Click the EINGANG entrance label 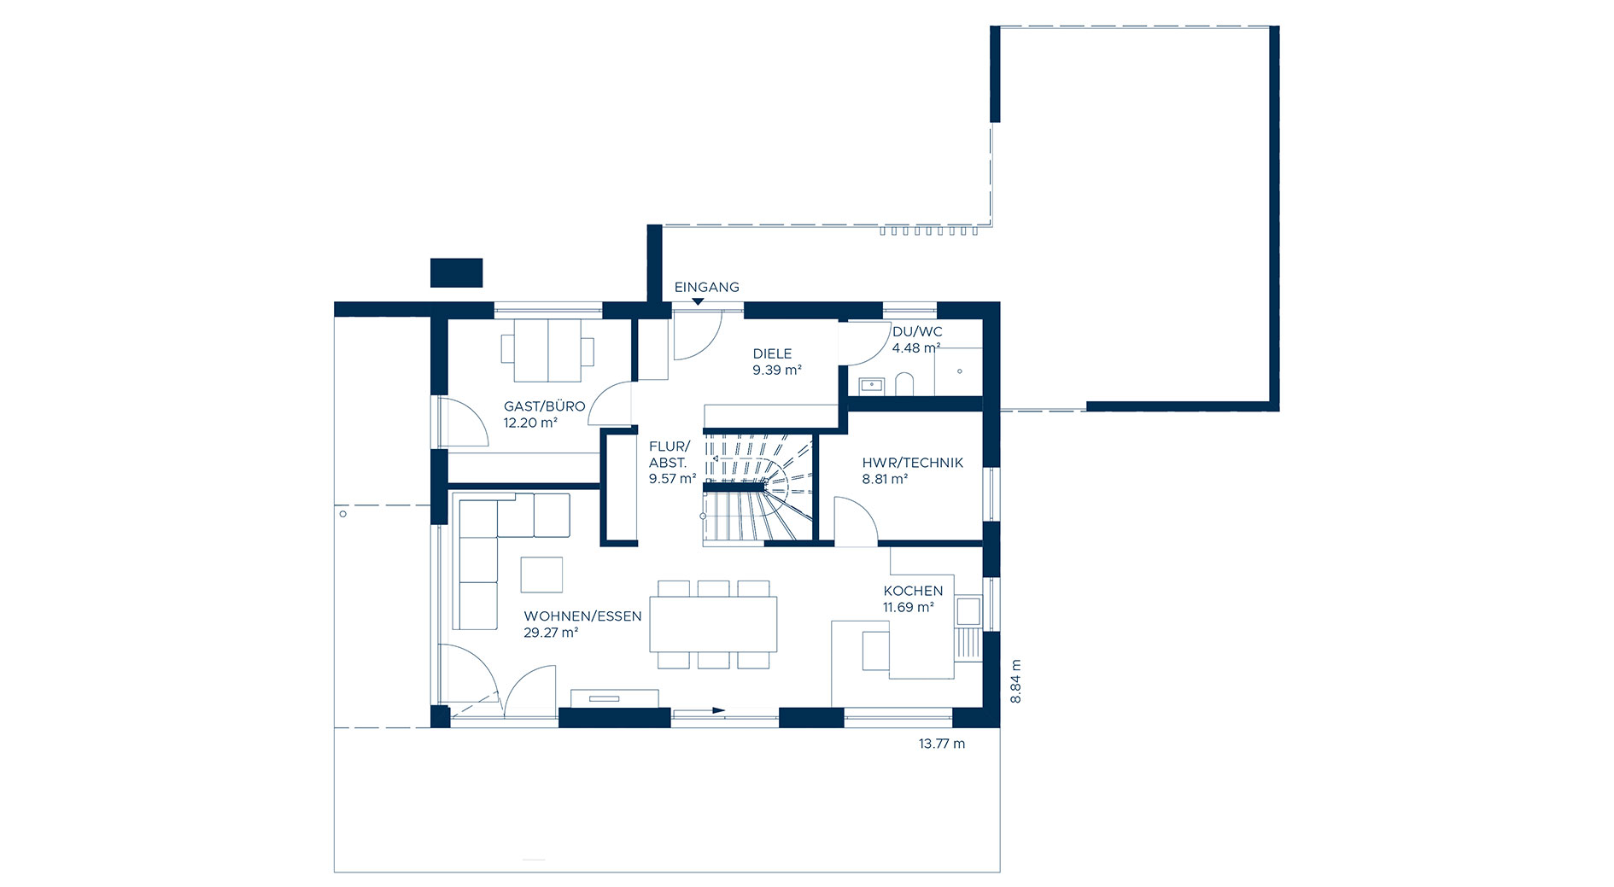706,288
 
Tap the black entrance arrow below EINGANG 699,301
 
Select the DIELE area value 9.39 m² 777,371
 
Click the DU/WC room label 917,332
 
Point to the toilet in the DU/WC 904,384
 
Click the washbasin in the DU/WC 870,385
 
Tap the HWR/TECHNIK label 912,463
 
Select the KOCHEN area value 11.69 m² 909,608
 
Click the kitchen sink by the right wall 968,611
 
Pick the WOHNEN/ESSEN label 582,616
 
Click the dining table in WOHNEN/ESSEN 713,624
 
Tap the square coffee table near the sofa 541,575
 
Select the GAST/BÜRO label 544,406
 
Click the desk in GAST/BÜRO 547,350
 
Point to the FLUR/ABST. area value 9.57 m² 672,479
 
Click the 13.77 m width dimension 942,744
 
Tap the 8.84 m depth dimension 1015,681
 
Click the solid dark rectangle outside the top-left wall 456,272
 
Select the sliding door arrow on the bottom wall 699,710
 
